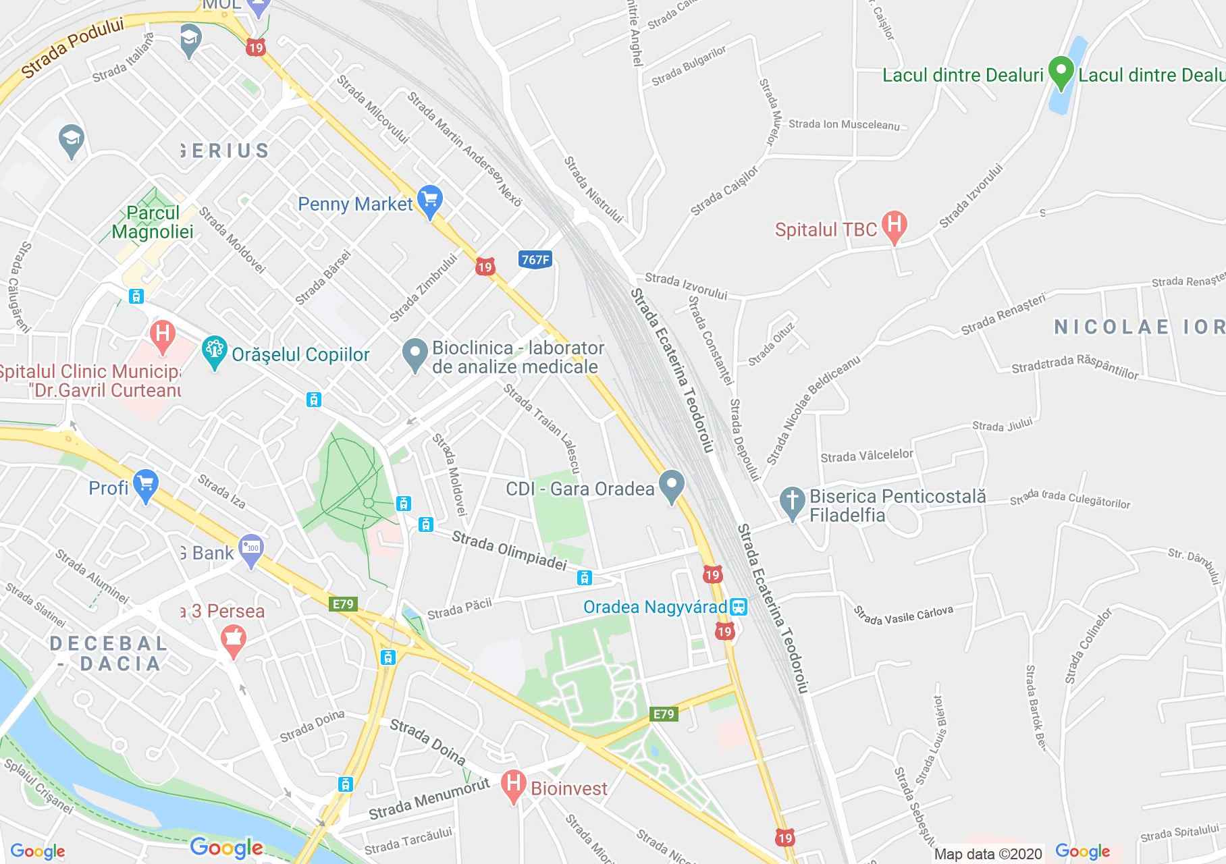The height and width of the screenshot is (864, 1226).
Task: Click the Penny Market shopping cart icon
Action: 430,200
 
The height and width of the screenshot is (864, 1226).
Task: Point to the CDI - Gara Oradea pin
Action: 671,485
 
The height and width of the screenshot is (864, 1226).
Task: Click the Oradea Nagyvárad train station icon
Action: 739,606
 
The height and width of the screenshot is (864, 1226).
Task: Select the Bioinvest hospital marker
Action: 514,786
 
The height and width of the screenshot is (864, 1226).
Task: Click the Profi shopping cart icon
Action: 146,485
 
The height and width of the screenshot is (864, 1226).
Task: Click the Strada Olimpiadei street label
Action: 508,550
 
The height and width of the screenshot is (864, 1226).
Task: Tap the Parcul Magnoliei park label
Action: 153,222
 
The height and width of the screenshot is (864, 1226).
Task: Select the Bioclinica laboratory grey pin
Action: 415,354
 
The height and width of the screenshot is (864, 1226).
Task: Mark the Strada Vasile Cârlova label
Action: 903,615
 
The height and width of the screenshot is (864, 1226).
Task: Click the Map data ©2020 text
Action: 988,853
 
